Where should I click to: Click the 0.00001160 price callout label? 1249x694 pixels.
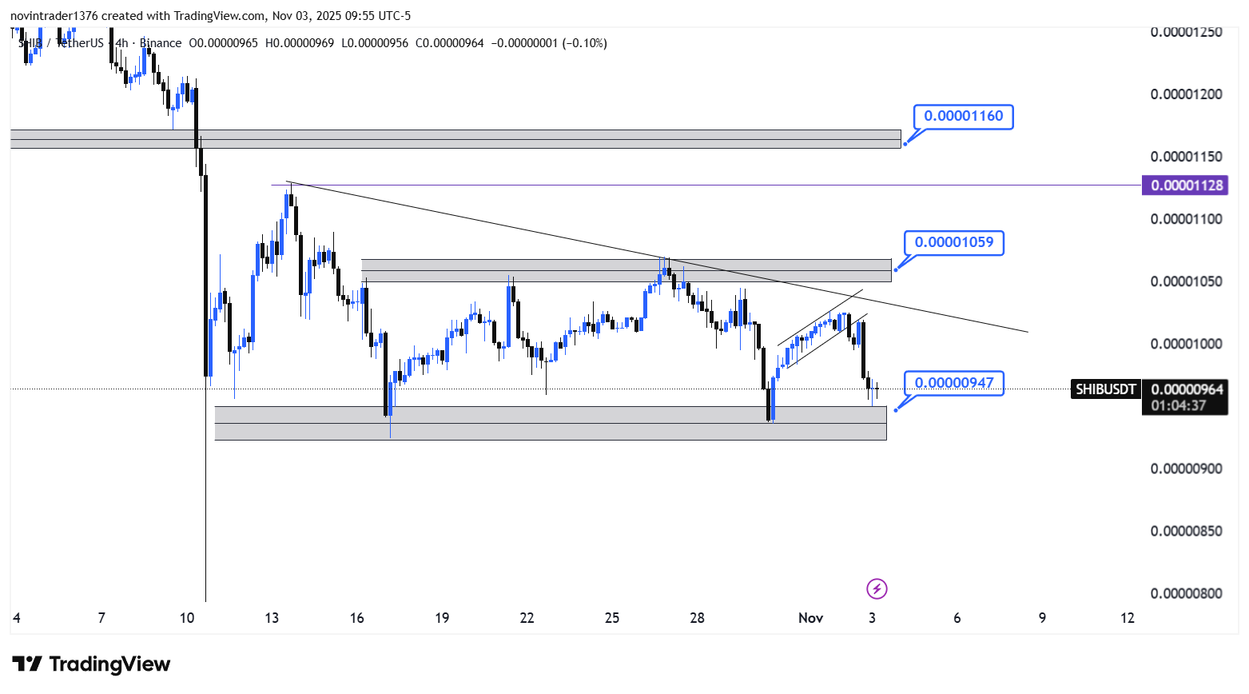coord(963,117)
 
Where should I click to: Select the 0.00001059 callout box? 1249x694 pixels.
coord(953,242)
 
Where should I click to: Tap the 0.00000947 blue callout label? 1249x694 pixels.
coord(953,383)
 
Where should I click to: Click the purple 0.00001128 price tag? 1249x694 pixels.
coord(1187,185)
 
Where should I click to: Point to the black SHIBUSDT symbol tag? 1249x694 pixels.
coord(1105,389)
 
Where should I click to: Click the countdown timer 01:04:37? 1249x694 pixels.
coord(1179,405)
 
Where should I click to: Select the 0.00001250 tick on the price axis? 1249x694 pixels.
coord(1186,32)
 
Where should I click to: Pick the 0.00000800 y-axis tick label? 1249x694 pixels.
coord(1186,593)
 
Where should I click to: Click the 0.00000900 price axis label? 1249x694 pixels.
coord(1186,469)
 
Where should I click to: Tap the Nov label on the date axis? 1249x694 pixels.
coord(810,618)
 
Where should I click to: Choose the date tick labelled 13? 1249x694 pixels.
coord(272,618)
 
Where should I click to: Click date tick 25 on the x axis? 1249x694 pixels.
coord(612,618)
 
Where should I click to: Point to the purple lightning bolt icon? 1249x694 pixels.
coord(877,589)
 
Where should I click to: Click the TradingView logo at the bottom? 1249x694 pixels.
coord(91,664)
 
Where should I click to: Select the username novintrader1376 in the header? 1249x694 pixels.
coord(54,16)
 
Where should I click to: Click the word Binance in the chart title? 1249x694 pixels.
coord(161,43)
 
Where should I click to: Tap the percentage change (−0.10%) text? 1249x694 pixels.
coord(585,43)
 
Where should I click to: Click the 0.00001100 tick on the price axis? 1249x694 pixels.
coord(1186,219)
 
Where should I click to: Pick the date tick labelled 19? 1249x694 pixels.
coord(442,618)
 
